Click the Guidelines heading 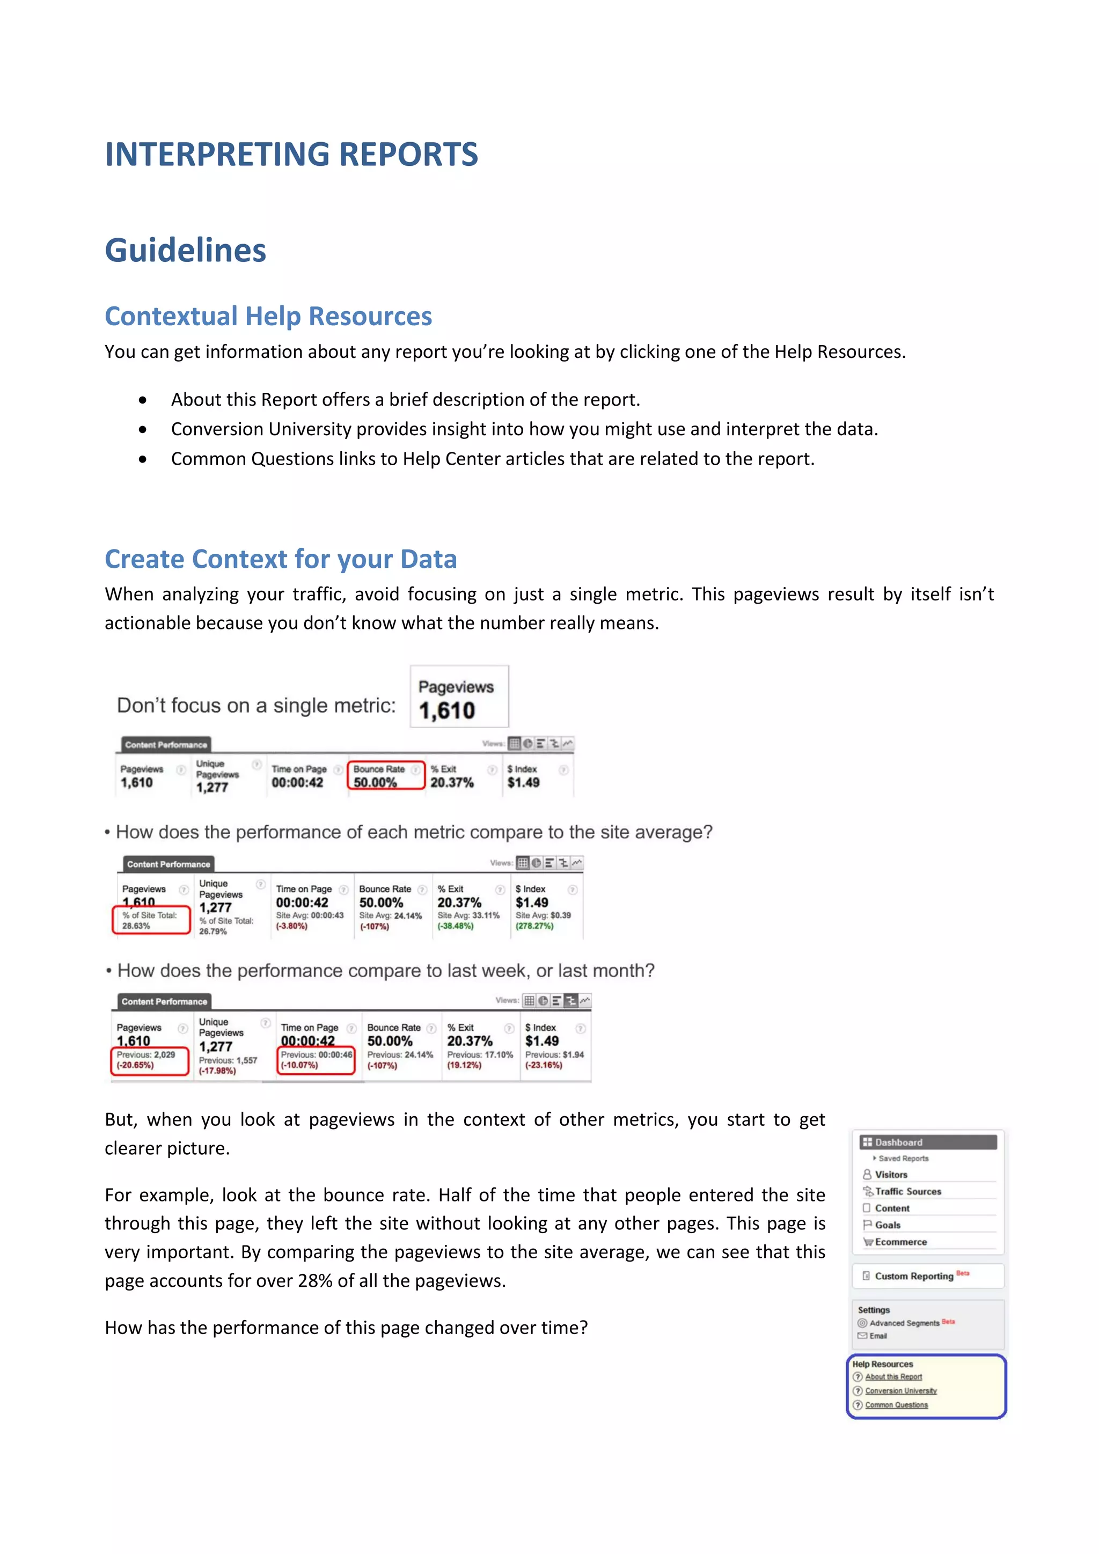tap(186, 251)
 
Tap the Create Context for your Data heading tap(281, 559)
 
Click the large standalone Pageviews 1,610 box tap(459, 697)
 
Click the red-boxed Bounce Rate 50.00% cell tap(386, 775)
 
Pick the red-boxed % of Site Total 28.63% tap(150, 920)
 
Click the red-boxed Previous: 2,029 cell tap(149, 1060)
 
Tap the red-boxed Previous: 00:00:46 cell tap(316, 1060)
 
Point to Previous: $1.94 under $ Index tap(554, 1054)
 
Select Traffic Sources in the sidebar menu tap(907, 1191)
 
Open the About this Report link tap(893, 1377)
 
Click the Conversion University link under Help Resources tap(901, 1391)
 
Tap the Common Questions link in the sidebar tap(896, 1405)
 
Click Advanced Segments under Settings tap(904, 1323)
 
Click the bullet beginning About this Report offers tap(405, 400)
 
